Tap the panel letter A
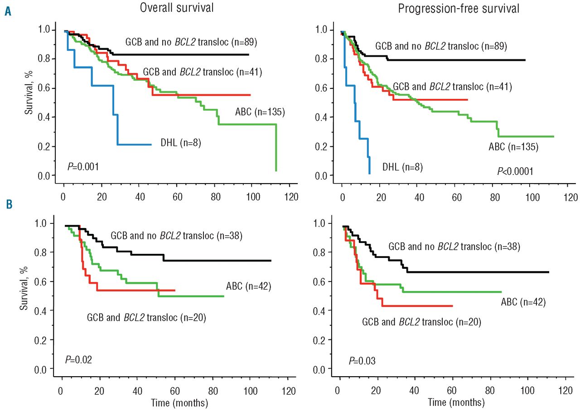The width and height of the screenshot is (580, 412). pos(8,11)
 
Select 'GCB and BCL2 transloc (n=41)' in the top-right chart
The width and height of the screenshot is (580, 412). pos(452,86)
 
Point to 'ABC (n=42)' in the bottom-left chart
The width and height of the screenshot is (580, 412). pos(248,286)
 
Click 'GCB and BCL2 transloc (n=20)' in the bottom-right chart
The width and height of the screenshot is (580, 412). pos(421,322)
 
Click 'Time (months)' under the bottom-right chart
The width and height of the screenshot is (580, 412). pos(456,402)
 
